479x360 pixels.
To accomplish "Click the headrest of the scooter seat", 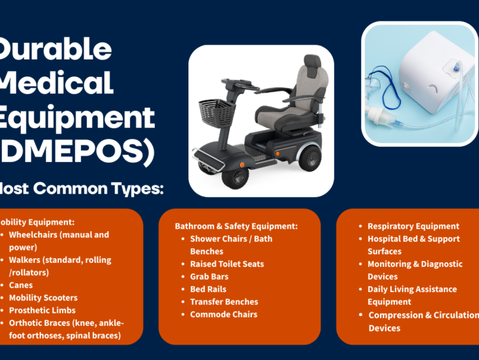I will [x=312, y=63].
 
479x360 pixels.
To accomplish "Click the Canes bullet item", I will [x=21, y=285].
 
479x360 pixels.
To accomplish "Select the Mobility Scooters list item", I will [x=43, y=298].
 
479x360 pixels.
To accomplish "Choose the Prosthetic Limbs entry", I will [x=41, y=311].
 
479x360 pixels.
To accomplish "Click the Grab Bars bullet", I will [x=209, y=276].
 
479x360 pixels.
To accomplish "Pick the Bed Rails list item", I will [x=208, y=289].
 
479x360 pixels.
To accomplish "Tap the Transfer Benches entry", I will [x=223, y=302].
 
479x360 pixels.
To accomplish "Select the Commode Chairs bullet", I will [x=223, y=315].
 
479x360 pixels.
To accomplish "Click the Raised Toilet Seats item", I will [x=227, y=264].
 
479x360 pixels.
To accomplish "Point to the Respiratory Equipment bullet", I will [x=413, y=227].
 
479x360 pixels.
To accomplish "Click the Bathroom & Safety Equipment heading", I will [x=236, y=227].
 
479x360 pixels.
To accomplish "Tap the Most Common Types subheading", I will [x=81, y=189].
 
